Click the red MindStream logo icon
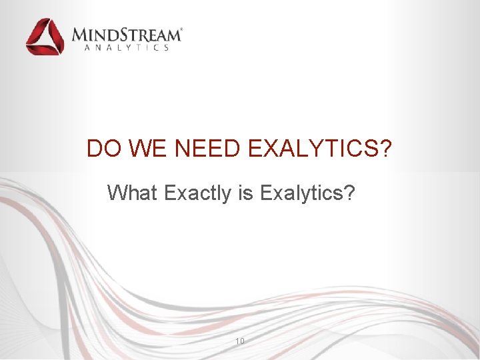pos(45,37)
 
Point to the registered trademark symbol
pos(182,30)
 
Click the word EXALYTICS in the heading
pos(311,149)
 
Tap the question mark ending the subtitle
pos(349,193)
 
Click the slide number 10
pos(240,341)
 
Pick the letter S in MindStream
pos(121,35)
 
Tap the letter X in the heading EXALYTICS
pos(270,149)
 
